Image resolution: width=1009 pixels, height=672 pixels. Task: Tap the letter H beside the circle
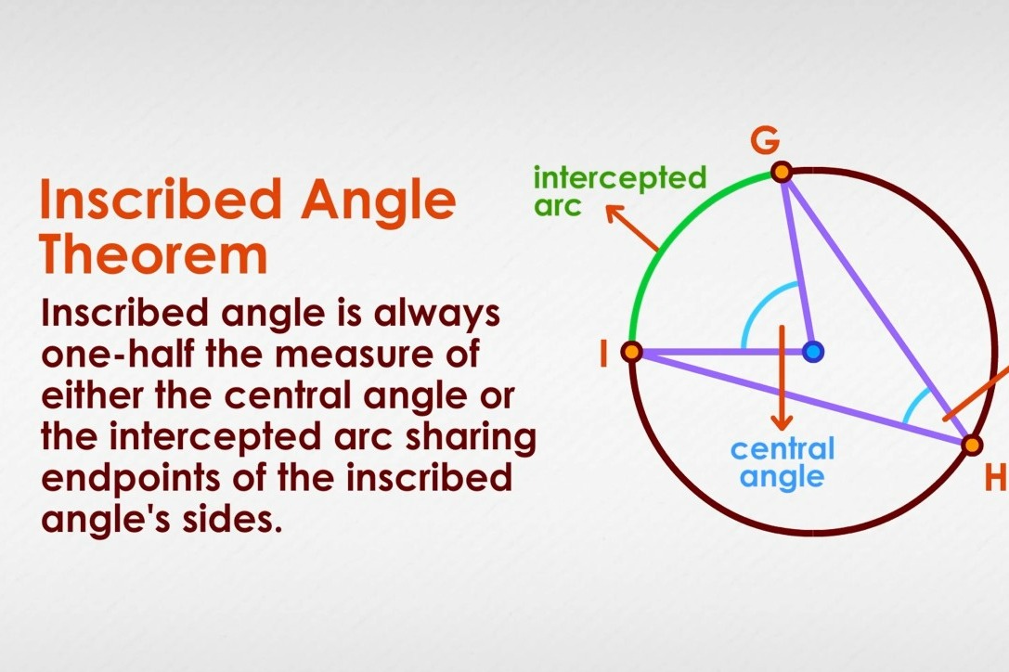(996, 477)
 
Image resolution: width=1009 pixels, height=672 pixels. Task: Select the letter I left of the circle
(603, 353)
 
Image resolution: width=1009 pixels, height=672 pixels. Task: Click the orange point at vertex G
(782, 172)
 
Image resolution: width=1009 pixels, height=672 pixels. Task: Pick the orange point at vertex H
(972, 446)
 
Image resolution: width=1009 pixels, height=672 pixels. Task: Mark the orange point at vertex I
(631, 352)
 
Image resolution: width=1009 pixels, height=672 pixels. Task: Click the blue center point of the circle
(813, 351)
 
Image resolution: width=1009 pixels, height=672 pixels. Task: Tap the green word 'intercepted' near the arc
(620, 177)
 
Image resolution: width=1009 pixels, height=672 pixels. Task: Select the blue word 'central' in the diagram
(783, 449)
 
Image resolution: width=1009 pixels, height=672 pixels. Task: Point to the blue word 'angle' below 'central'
(783, 477)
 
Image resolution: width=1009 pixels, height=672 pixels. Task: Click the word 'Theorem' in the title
(154, 254)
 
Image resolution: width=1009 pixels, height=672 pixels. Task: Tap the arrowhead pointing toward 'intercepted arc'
(614, 213)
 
